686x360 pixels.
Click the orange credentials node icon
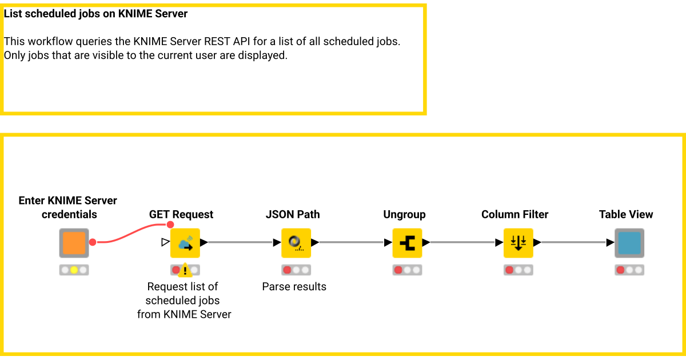pos(74,243)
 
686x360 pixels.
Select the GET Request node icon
pos(185,243)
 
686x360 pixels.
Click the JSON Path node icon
pos(296,243)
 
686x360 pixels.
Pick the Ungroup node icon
pos(407,243)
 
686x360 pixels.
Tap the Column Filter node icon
pos(518,243)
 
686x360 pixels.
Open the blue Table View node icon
pos(629,243)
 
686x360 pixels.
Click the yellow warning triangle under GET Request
pos(185,270)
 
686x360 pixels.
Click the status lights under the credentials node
pos(74,270)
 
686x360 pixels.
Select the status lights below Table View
pos(629,270)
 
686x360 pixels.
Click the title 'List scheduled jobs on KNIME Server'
pos(95,14)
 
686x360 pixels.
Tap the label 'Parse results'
pos(294,287)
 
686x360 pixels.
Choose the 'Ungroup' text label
pos(404,215)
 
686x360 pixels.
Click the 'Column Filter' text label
pos(514,215)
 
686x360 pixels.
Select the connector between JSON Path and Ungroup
pos(352,243)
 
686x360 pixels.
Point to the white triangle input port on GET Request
pos(165,242)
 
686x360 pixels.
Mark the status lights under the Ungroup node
pos(407,270)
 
